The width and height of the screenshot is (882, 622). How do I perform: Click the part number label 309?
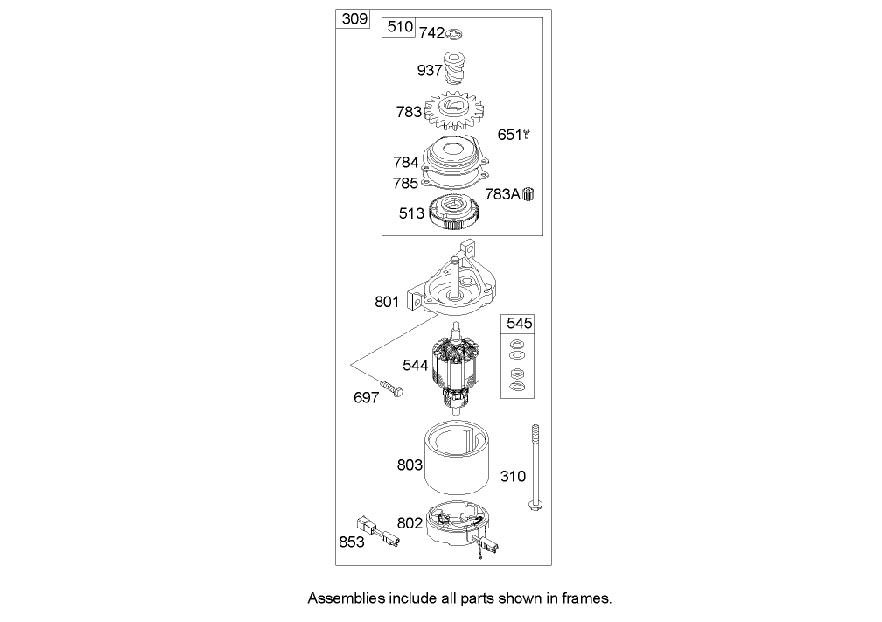coord(354,19)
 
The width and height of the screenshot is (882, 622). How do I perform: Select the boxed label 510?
coord(399,27)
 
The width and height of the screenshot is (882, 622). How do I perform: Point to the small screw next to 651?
coord(528,135)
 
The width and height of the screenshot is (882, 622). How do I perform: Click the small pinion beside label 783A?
coord(528,194)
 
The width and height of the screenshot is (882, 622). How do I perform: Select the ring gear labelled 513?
coord(455,213)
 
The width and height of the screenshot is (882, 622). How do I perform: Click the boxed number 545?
coord(517,323)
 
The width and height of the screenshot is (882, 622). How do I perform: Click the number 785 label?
coord(405,184)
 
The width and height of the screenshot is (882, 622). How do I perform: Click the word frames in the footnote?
coord(586,599)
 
